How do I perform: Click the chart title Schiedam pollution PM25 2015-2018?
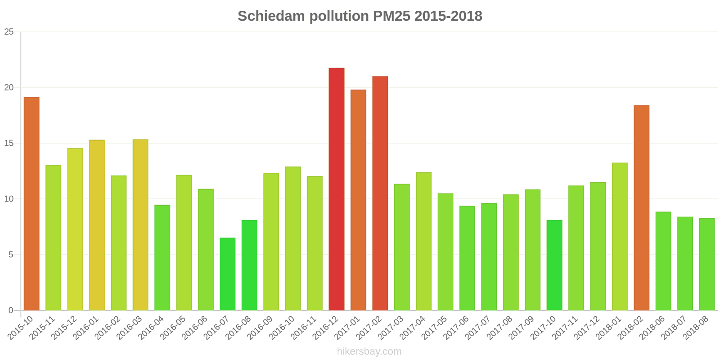[360, 16]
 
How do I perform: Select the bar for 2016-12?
[337, 189]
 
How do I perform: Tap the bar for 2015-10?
[31, 203]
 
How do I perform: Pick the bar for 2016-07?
[228, 274]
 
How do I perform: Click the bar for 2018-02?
[641, 207]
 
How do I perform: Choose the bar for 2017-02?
[380, 193]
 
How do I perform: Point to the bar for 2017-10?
[554, 265]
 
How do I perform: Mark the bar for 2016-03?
[140, 225]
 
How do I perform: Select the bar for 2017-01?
[358, 200]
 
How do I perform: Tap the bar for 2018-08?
[706, 264]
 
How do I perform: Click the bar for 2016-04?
[162, 257]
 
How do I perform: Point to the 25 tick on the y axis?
[9, 32]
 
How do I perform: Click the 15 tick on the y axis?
[9, 144]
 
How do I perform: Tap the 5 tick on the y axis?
[11, 255]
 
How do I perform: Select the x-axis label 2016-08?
[238, 327]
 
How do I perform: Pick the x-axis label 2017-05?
[435, 327]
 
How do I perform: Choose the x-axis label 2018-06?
[652, 327]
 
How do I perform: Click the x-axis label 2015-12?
[64, 327]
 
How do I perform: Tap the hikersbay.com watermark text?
[369, 351]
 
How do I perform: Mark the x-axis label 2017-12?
[587, 327]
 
